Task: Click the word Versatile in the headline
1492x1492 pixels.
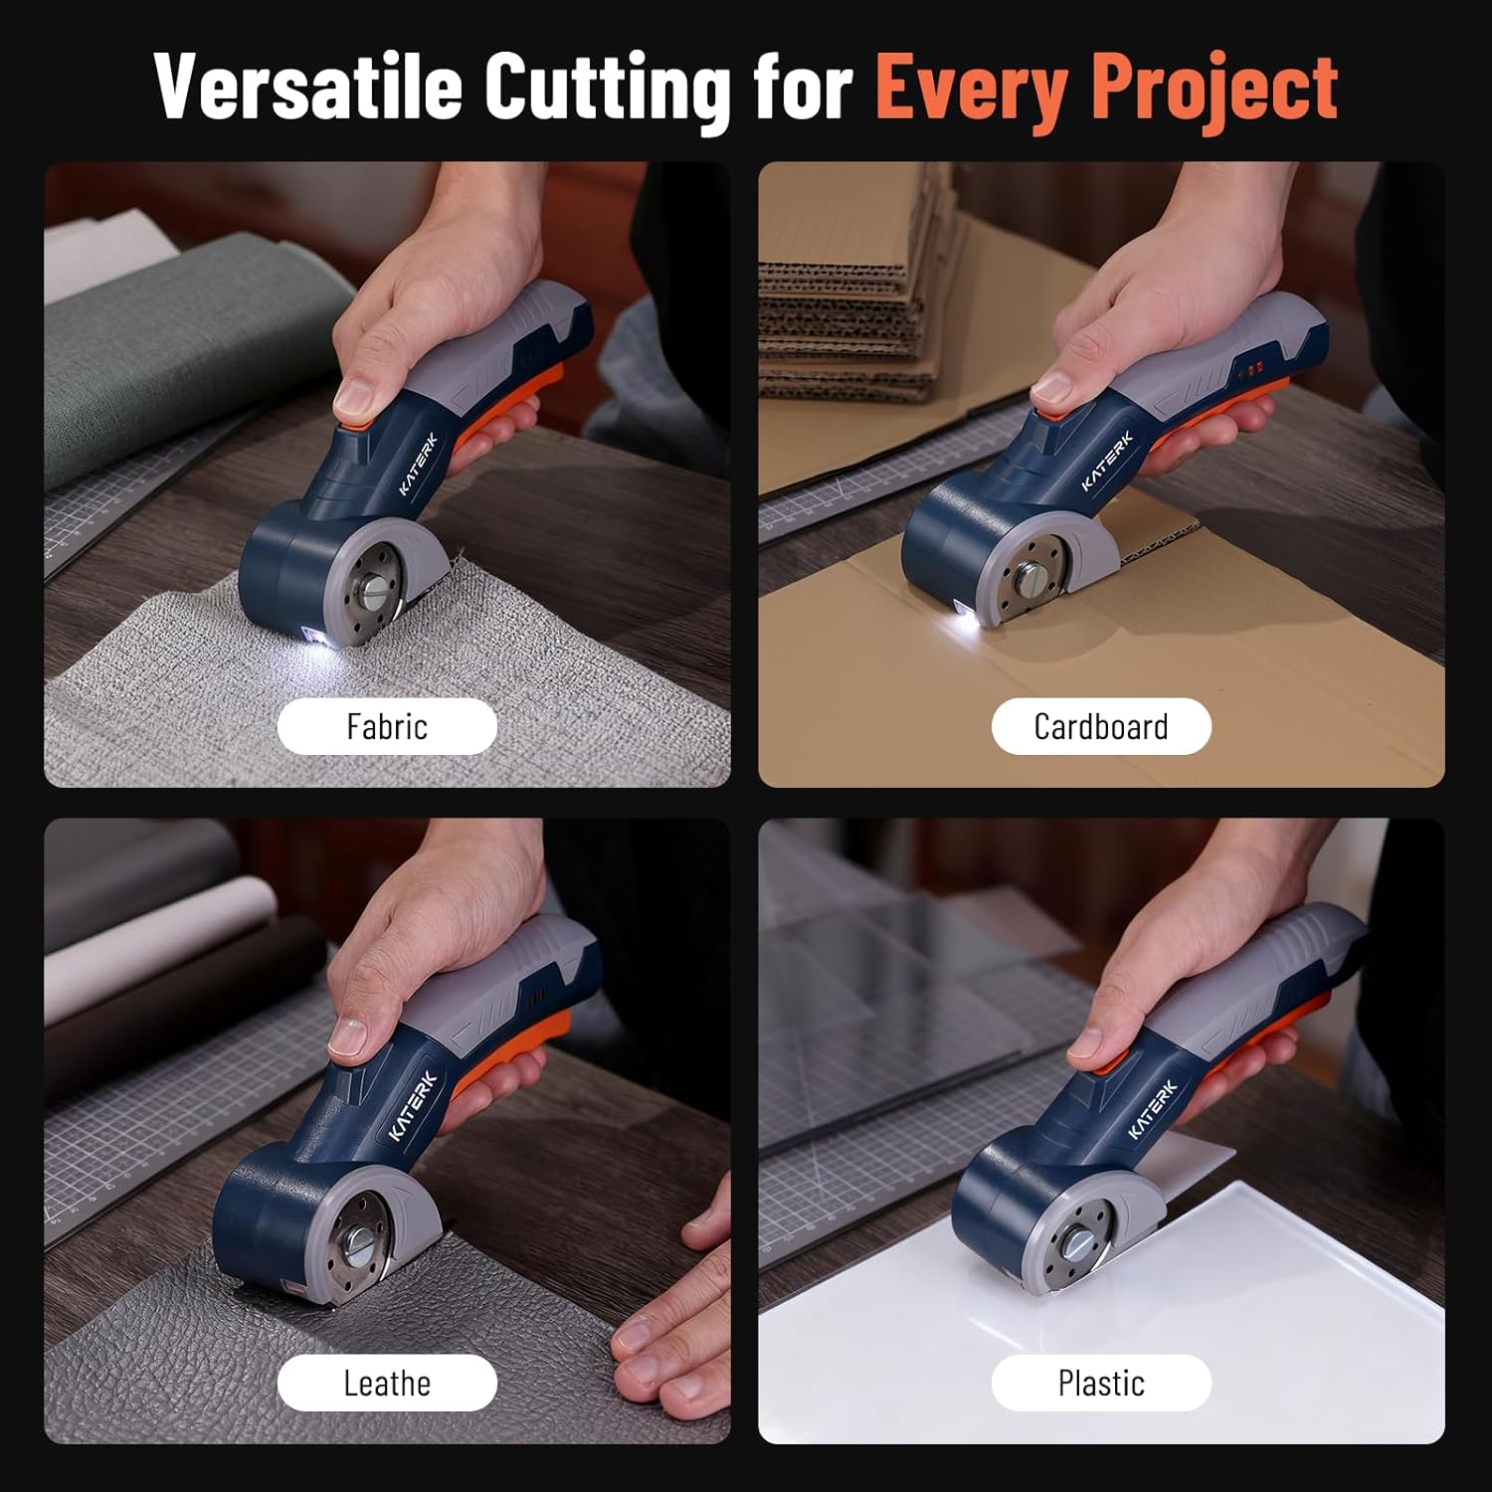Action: [x=308, y=88]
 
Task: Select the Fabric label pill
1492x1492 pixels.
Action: [x=387, y=727]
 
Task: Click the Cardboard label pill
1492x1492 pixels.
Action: [x=1101, y=727]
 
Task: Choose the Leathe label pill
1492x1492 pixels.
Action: [x=387, y=1384]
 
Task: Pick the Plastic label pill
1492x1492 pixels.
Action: [x=1101, y=1384]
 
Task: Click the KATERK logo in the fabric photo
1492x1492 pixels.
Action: [x=418, y=464]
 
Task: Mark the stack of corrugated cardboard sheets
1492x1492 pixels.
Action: [x=845, y=298]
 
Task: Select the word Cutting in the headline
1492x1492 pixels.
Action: [x=607, y=88]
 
